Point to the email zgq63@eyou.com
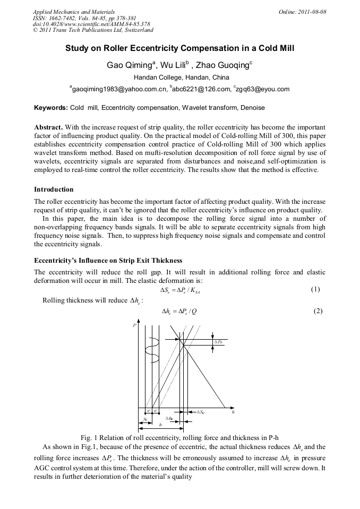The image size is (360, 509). tap(263, 89)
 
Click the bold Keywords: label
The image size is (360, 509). tap(51, 108)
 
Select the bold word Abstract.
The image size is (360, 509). tap(48, 127)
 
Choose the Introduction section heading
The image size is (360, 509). tap(54, 189)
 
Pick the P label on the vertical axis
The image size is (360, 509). tap(134, 325)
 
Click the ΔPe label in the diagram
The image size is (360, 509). tap(218, 342)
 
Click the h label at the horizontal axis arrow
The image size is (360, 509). tap(233, 411)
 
